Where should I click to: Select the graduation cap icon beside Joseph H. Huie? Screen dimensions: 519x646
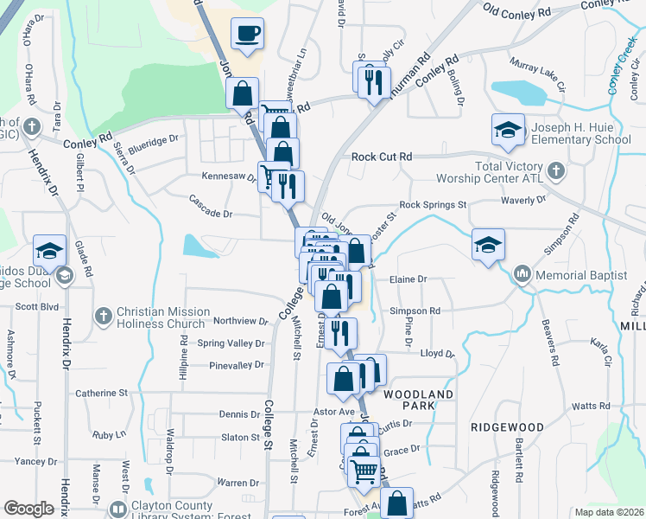[508, 131]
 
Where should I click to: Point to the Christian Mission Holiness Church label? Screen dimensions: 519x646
[163, 317]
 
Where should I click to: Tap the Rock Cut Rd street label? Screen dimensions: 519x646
[382, 157]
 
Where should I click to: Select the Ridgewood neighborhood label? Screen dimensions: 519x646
[507, 427]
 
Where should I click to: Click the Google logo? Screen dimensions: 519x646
[28, 509]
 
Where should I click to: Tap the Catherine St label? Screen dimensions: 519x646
[101, 394]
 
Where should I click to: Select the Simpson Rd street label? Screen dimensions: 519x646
[415, 311]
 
